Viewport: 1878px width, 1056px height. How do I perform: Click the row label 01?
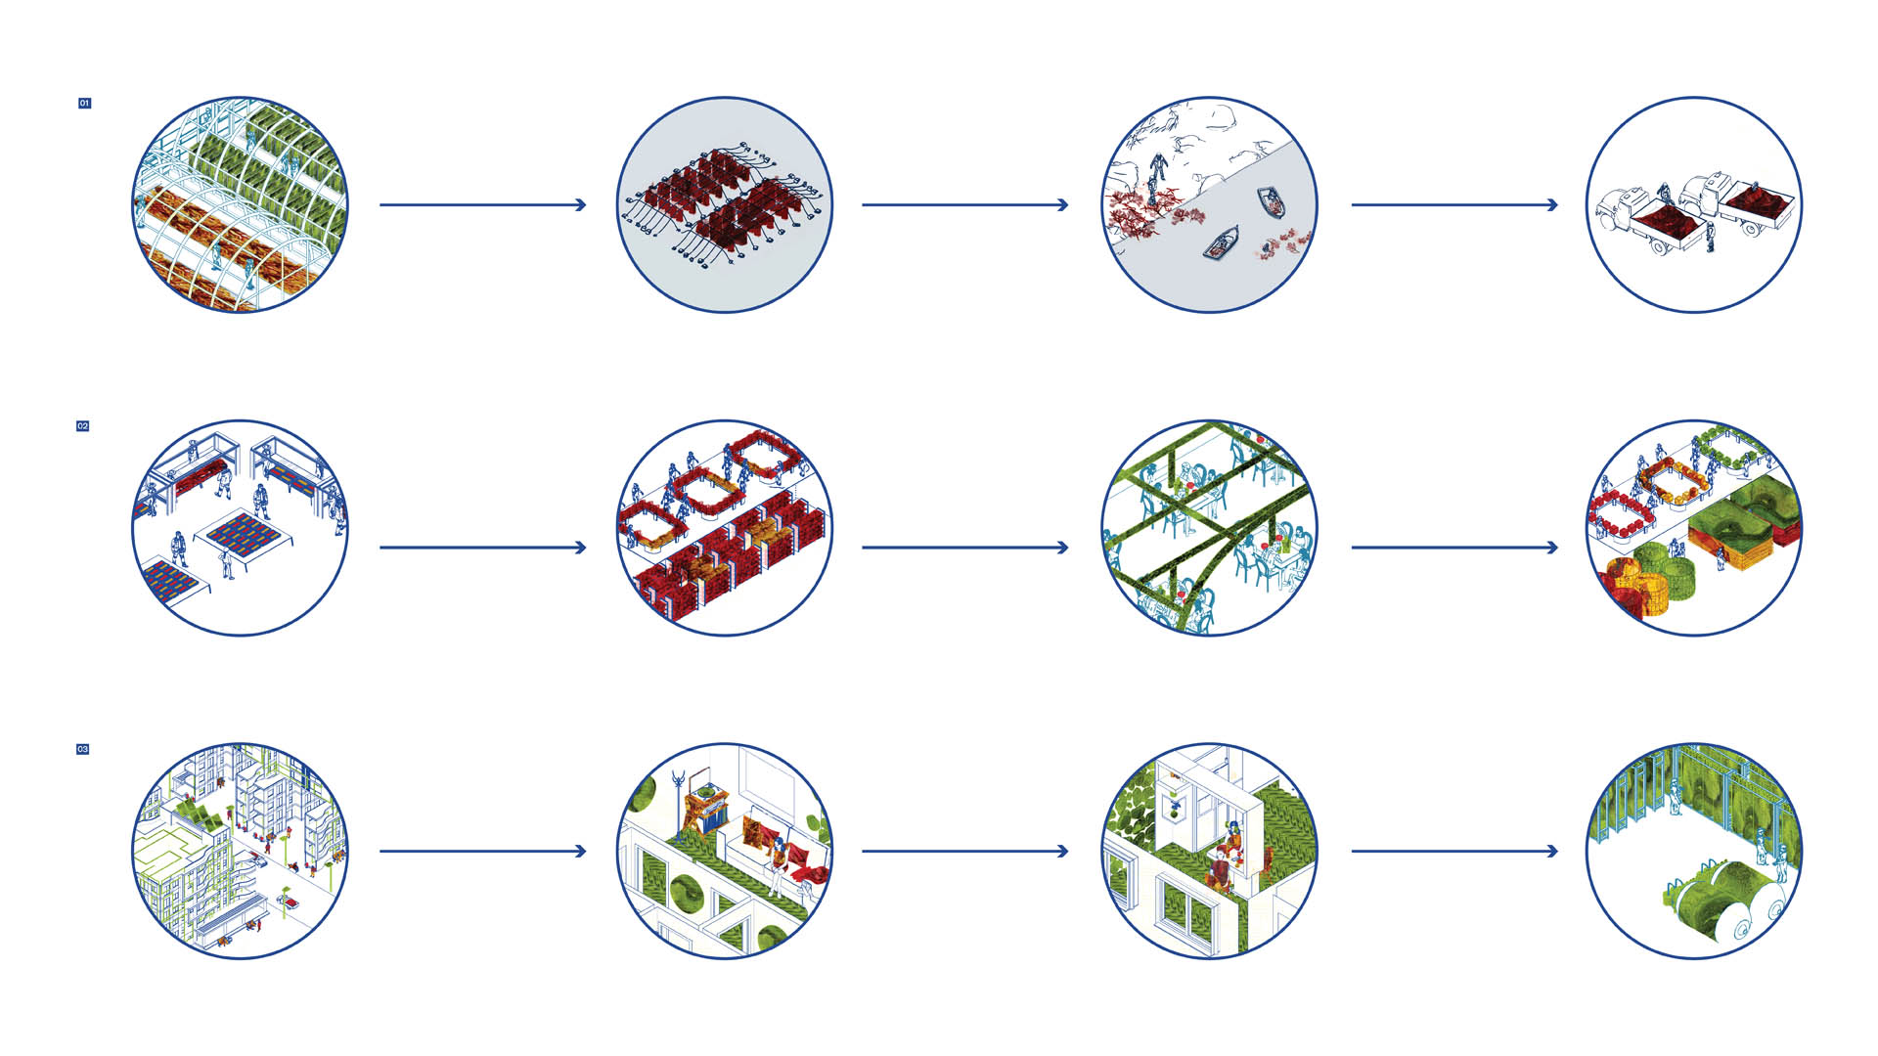85,103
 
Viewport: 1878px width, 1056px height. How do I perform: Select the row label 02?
83,426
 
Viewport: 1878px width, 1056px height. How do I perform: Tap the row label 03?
83,749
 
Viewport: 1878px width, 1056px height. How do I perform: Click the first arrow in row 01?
482,204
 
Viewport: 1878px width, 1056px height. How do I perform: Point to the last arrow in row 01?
1454,204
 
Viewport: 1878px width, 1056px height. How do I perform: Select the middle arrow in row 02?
964,548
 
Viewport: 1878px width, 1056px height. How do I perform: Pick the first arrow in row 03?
482,851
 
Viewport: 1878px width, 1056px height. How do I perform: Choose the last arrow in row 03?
1454,851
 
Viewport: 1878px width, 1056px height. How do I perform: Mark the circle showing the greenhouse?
240,204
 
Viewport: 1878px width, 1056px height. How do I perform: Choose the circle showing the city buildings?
240,851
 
